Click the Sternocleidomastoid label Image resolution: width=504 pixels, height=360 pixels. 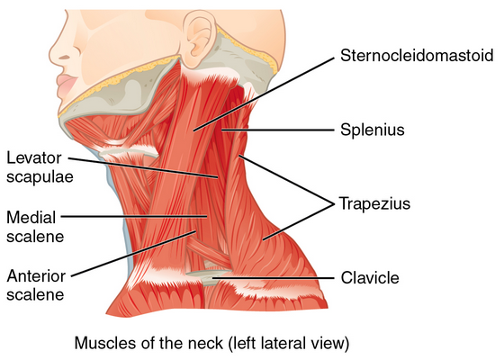pyautogui.click(x=417, y=56)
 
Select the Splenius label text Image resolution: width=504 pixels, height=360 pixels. pyautogui.click(x=373, y=130)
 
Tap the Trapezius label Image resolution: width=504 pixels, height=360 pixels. pyautogui.click(x=374, y=203)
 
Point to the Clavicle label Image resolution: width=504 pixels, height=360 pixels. pyautogui.click(x=370, y=278)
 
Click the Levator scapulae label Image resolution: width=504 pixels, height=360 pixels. pyautogui.click(x=40, y=167)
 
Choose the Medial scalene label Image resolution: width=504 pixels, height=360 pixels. pyautogui.click(x=35, y=227)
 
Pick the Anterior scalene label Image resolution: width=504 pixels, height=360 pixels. pyautogui.click(x=36, y=285)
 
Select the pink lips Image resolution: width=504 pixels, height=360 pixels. pyautogui.click(x=67, y=85)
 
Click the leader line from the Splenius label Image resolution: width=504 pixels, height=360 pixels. pyautogui.click(x=278, y=130)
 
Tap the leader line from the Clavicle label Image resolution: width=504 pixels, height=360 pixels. pyautogui.click(x=274, y=278)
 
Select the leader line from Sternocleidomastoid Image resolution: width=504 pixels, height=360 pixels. pyautogui.click(x=265, y=94)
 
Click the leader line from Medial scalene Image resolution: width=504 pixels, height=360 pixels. pyautogui.click(x=134, y=216)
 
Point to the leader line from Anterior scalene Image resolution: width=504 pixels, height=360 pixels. pyautogui.click(x=134, y=253)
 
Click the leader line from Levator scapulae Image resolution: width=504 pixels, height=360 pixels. pyautogui.click(x=143, y=167)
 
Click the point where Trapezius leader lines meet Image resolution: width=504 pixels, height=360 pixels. pyautogui.click(x=334, y=203)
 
